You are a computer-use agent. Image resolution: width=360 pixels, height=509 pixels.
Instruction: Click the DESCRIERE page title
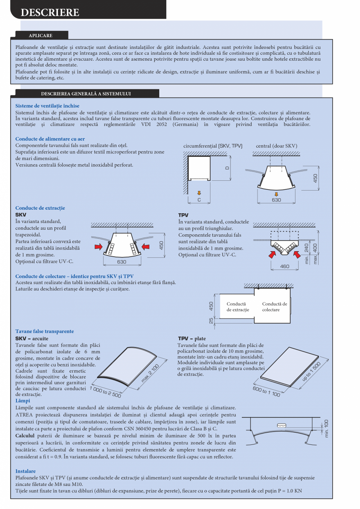pos(50,13)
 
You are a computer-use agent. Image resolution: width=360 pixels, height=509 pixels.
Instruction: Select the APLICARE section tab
pos(40,36)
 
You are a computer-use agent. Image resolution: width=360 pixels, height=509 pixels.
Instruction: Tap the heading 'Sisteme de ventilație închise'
pos(47,106)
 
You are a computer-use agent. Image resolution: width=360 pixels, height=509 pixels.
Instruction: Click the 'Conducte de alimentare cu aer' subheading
pos(50,139)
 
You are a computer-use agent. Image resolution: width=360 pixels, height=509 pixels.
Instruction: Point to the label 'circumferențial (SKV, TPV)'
pos(213,146)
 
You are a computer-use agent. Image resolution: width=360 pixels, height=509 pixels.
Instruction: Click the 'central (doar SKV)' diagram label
pos(276,146)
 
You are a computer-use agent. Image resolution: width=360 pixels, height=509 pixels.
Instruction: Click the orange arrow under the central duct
pos(276,194)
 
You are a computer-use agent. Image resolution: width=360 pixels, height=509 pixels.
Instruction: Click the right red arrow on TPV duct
pos(298,255)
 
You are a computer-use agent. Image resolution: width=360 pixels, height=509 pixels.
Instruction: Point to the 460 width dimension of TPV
pos(285,266)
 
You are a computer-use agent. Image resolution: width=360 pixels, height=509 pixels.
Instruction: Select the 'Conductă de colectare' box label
pos(274,307)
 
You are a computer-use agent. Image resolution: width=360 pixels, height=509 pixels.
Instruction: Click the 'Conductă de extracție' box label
pos(238,307)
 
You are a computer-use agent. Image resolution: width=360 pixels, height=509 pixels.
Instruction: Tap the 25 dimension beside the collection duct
pos(211,320)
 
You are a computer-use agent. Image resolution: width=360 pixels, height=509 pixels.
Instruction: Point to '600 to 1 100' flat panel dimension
pos(266,391)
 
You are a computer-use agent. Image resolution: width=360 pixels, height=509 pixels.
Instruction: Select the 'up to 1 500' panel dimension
pos(311,372)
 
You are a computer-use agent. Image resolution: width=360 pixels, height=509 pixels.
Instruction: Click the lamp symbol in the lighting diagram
pos(281,425)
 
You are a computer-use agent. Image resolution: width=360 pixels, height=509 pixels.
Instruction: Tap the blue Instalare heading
pos(25,471)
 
